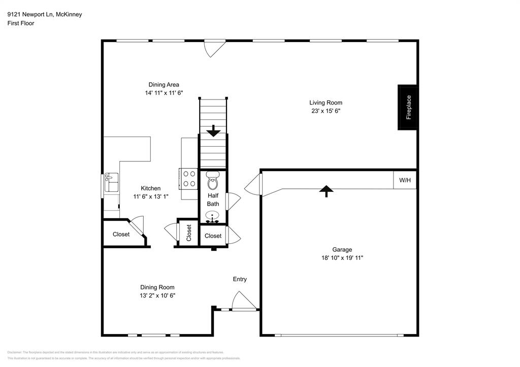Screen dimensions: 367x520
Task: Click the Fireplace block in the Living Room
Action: [x=408, y=107]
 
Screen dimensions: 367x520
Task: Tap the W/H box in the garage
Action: [x=405, y=180]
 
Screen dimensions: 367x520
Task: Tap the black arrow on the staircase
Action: [x=213, y=131]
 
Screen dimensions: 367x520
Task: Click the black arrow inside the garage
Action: [x=326, y=190]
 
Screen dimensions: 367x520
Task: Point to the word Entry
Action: [x=240, y=279]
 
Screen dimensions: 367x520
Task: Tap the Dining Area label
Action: [x=164, y=85]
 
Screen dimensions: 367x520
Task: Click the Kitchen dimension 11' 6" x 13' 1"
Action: [x=150, y=196]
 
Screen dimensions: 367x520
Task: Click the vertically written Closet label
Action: [x=189, y=233]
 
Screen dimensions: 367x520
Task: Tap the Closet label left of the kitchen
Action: [x=121, y=235]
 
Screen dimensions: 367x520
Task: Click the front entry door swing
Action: [x=243, y=301]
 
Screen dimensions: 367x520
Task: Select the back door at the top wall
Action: [x=214, y=48]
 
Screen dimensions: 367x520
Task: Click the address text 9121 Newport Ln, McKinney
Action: [x=44, y=14]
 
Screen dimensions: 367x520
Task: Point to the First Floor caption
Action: [x=21, y=23]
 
